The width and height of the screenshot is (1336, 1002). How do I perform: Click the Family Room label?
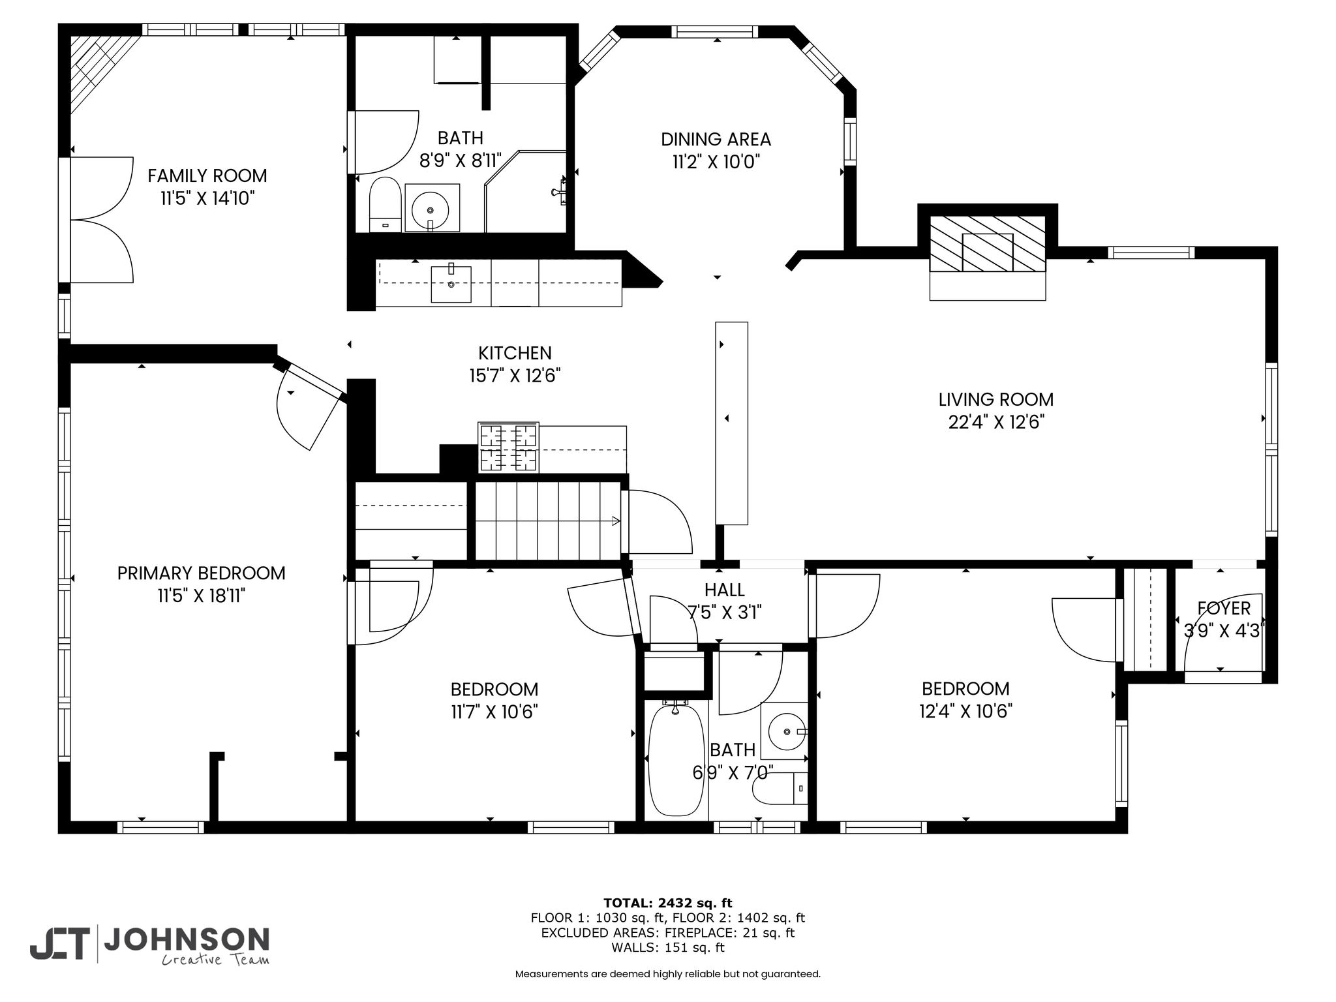pos(207,175)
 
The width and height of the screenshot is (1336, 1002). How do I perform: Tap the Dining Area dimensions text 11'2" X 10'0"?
pos(716,162)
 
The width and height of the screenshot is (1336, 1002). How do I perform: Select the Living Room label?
pos(996,399)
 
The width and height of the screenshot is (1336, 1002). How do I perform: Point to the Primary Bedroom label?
pos(202,573)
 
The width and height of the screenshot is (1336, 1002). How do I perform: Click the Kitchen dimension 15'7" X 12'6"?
pos(515,376)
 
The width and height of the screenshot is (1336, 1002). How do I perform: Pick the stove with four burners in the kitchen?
pos(508,448)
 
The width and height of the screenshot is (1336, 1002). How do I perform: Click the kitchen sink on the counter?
pos(451,283)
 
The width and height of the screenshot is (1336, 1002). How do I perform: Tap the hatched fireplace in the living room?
pos(988,244)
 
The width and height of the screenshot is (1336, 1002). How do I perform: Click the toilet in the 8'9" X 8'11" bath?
pos(385,204)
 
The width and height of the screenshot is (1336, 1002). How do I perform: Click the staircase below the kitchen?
pos(547,521)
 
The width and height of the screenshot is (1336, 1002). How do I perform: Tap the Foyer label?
pos(1224,609)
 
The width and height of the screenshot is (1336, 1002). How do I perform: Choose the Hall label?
pos(724,590)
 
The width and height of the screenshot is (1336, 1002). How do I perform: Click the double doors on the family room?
pos(102,220)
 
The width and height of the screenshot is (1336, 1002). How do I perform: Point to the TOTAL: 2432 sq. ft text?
pos(668,903)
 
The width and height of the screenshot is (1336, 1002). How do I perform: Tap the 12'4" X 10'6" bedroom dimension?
pos(965,710)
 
